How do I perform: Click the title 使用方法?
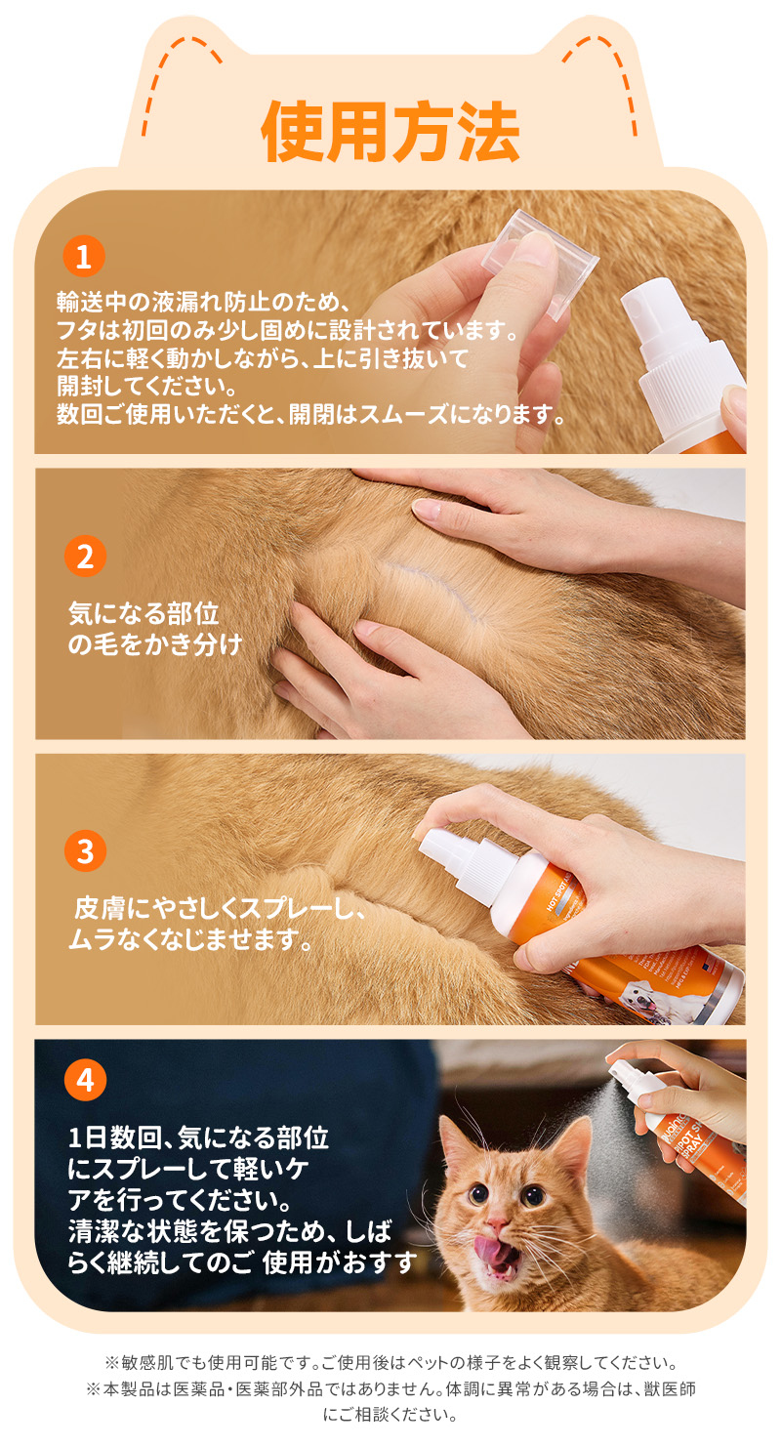(390, 132)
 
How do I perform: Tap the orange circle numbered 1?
(84, 257)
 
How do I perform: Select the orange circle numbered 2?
(85, 557)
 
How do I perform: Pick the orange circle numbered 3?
(85, 850)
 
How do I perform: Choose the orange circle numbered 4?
(85, 1080)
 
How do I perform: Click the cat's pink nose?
(497, 1222)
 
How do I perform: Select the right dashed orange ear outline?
(606, 71)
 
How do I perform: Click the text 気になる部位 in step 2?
(144, 614)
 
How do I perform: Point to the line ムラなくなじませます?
(191, 939)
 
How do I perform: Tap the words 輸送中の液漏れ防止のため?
(202, 302)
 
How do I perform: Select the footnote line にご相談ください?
(390, 1415)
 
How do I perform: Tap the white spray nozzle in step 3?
(442, 848)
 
